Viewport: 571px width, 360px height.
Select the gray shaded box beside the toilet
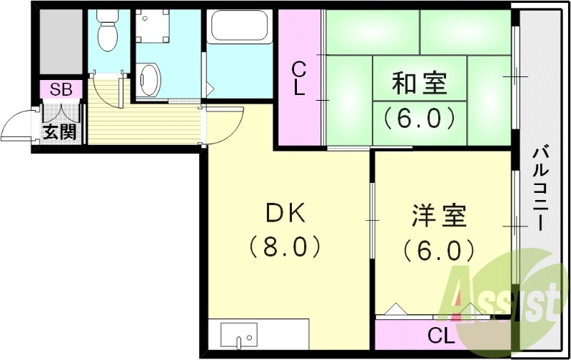click(60, 43)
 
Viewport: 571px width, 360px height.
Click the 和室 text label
click(419, 84)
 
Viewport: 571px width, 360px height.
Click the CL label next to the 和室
click(299, 79)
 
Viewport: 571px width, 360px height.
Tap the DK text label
click(285, 212)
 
